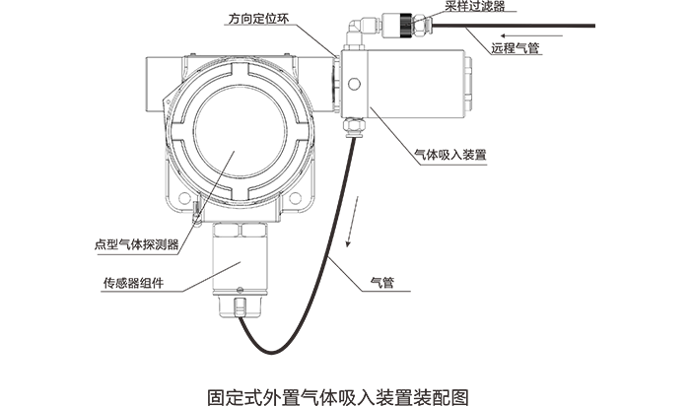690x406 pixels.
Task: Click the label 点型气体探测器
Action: [x=135, y=245]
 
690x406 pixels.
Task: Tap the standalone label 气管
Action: [x=381, y=283]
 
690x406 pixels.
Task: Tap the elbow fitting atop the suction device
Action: [x=360, y=28]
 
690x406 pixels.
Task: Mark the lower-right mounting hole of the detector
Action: [x=294, y=201]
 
